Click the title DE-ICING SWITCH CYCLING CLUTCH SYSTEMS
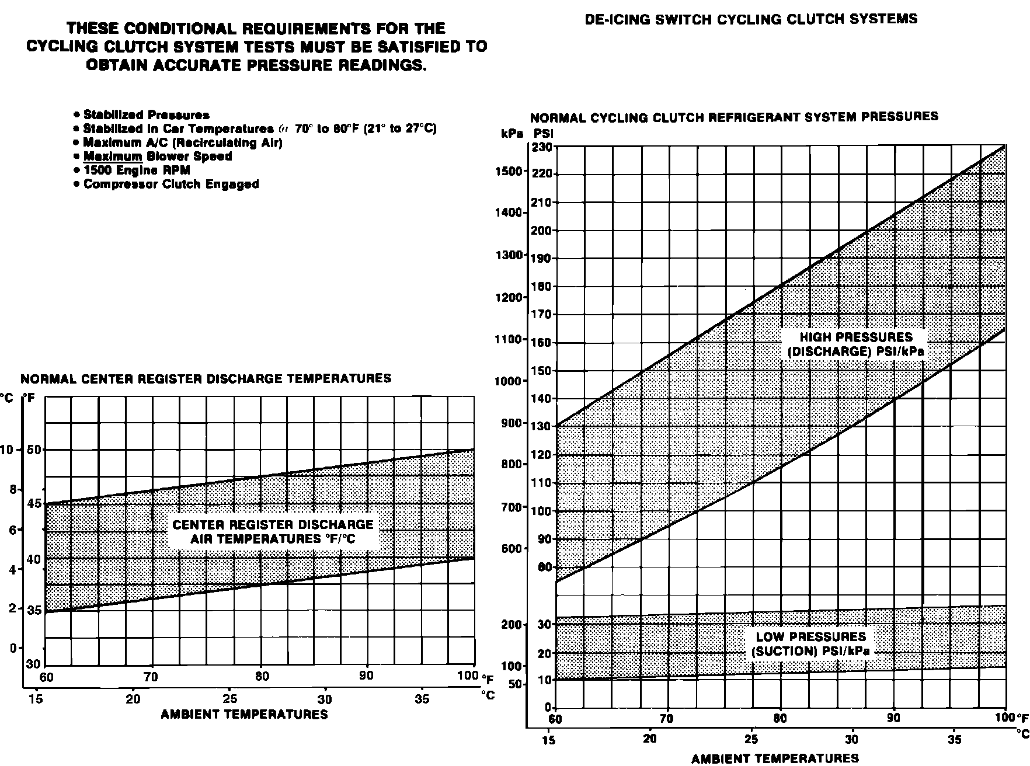pos(751,19)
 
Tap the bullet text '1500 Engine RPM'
pos(137,170)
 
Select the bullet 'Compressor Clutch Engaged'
pos(171,184)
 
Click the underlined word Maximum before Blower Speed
pos(113,156)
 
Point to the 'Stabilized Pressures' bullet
pos(146,115)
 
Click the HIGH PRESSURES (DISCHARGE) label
pos(855,344)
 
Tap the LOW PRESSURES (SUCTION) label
pos(811,644)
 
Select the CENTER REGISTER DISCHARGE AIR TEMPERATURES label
pos(273,532)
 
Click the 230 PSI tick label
pos(541,147)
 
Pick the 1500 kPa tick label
pos(508,171)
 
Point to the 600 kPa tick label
pos(511,549)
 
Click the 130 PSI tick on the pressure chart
pos(541,426)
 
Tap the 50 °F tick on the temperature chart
pos(34,450)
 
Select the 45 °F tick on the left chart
pos(34,503)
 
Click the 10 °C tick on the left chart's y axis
pos(6,450)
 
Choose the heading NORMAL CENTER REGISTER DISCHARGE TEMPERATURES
pos(206,379)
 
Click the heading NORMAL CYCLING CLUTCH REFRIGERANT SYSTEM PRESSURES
pos(734,117)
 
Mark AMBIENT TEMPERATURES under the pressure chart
pos(775,758)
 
